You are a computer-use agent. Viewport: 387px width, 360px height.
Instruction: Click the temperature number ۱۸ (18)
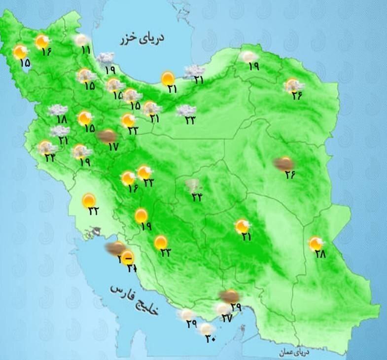coord(61,119)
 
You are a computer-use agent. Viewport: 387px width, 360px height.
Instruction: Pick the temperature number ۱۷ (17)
coord(113,146)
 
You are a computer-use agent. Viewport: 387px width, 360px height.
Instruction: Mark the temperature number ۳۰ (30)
coord(211,340)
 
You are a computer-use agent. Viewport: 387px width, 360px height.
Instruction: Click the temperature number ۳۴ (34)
coord(197,198)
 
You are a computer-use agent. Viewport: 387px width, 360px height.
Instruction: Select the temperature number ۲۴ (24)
coord(50,158)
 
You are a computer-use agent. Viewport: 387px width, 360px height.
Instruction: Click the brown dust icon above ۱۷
coord(107,136)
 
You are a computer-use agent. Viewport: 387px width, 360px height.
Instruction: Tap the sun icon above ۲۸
coord(316,243)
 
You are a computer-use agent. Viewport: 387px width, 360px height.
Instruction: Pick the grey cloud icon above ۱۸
coord(58,110)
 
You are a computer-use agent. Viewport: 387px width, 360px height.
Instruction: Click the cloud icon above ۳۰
coord(207,328)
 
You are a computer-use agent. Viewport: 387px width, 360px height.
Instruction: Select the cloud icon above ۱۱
coord(82,39)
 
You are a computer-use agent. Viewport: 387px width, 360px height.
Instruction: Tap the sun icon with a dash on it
coord(128,256)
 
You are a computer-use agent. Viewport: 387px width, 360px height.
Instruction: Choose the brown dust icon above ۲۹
coord(230,296)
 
